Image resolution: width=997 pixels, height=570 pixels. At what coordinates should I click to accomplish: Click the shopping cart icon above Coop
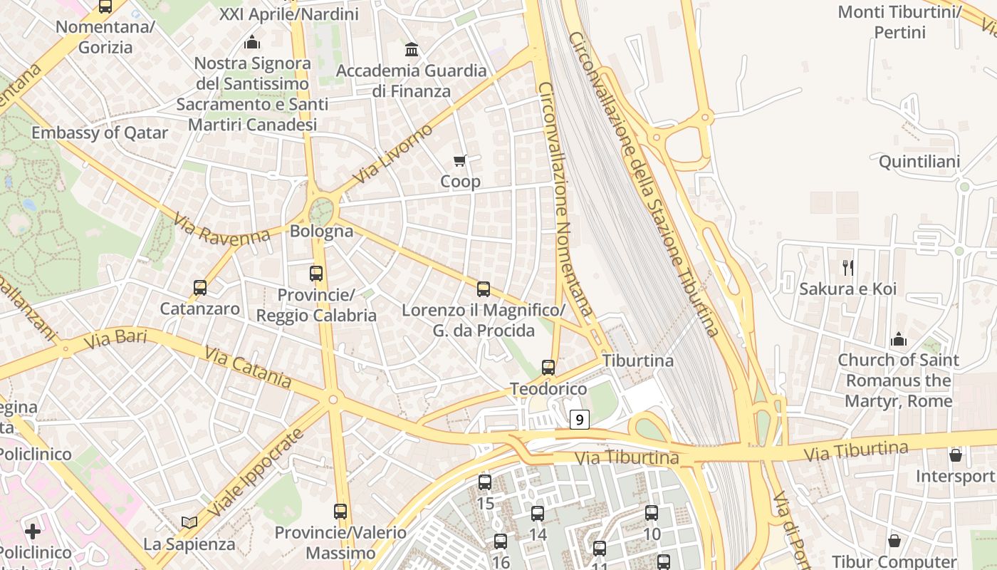point(460,161)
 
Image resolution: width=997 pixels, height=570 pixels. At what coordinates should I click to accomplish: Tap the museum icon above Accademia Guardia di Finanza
point(412,50)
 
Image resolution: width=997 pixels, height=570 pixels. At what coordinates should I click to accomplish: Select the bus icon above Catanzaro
point(200,288)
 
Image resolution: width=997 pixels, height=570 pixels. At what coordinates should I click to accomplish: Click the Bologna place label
point(321,231)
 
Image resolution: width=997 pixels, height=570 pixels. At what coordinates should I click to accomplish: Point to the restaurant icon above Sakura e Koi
point(847,268)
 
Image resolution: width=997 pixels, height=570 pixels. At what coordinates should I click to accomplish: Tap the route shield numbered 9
point(580,420)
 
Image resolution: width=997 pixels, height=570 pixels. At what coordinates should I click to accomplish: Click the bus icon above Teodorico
point(548,368)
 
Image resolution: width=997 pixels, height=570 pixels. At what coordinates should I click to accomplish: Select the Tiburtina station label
point(637,361)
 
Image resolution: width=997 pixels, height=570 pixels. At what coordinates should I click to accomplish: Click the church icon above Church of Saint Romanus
point(898,338)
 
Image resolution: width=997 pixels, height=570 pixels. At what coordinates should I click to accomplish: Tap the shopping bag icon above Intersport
point(956,455)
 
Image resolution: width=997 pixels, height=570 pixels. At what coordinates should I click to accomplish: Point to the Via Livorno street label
point(392,154)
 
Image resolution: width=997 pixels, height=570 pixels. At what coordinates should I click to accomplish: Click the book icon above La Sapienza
point(189,523)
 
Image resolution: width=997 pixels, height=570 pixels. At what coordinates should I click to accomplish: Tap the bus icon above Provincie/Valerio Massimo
point(340,511)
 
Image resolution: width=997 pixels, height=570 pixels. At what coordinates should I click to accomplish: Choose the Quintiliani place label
point(919,162)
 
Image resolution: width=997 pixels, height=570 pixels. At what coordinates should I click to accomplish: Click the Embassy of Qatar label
point(100,133)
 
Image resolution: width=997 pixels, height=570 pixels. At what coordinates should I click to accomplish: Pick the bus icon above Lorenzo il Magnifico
point(484,289)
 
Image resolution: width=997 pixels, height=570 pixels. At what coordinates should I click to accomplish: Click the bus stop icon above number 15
point(485,482)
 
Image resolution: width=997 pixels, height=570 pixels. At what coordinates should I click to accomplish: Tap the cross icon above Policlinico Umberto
point(33,531)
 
